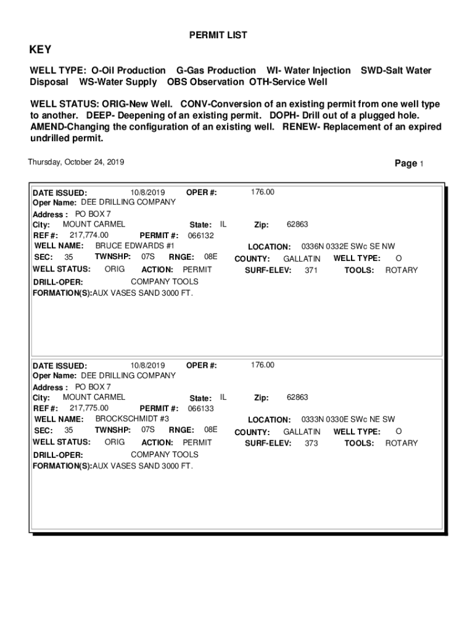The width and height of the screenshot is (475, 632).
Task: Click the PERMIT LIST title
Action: point(218,35)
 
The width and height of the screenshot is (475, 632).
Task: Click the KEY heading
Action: point(41,50)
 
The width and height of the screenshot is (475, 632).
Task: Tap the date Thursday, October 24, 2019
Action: point(76,162)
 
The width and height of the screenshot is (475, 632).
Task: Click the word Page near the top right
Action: point(406,164)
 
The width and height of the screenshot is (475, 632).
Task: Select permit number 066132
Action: point(200,236)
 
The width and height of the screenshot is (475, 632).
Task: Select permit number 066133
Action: point(200,409)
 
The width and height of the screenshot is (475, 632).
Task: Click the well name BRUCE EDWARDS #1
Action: point(134,246)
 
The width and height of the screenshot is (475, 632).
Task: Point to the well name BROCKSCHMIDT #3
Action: point(132,418)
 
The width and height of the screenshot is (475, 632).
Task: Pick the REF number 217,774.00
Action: point(89,235)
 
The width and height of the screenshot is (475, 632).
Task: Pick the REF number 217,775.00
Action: point(89,408)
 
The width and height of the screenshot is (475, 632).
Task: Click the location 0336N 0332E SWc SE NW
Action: point(348,246)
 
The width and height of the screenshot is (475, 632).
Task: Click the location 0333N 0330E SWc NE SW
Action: point(348,419)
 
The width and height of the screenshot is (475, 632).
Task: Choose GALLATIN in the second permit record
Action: point(302,431)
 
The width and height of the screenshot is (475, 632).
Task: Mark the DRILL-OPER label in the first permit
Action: point(57,282)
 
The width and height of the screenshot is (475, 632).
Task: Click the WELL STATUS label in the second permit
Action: point(61,442)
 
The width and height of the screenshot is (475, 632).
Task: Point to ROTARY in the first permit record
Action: point(402,270)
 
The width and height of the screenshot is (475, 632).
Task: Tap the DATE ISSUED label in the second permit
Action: point(59,366)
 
